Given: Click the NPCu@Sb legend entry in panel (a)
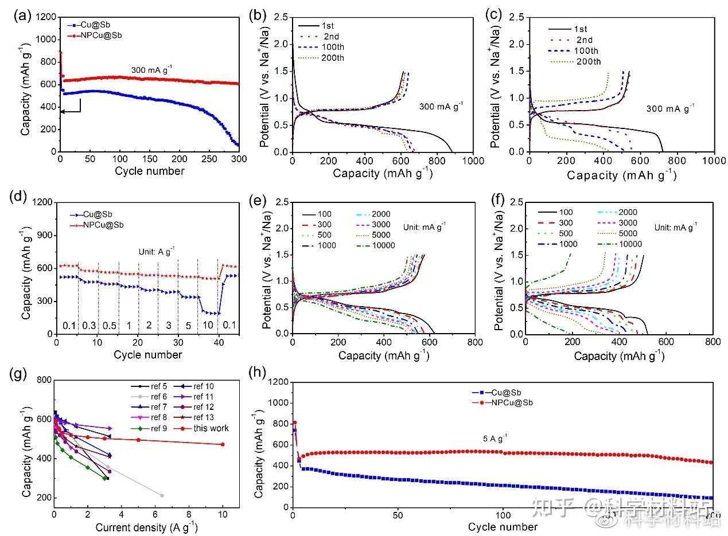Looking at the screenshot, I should point(100,35).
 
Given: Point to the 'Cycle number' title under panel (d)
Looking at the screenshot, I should point(147,355).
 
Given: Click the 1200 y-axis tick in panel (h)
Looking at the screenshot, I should point(277,382).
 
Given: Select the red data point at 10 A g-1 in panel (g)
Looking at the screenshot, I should point(223,444).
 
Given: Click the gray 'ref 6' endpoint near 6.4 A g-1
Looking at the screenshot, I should point(162,495).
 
